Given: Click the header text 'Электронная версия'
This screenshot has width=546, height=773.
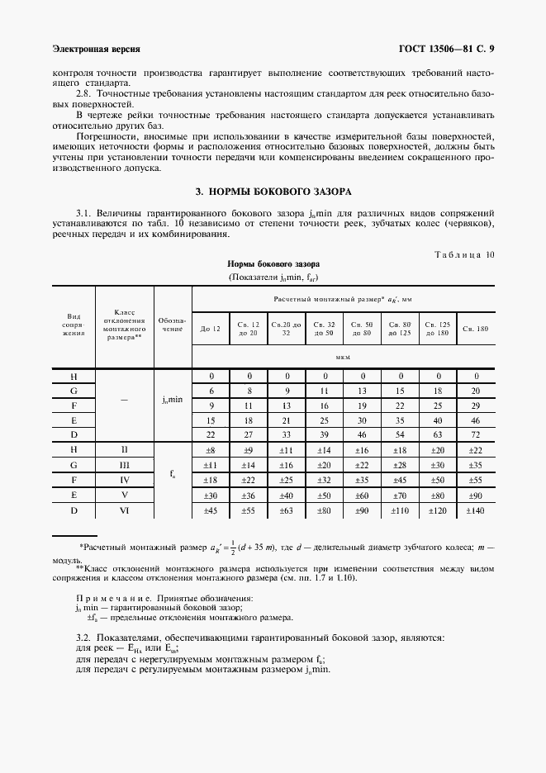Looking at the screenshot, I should click(96, 49).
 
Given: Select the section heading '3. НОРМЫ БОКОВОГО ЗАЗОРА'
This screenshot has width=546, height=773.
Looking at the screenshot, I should click(273, 192).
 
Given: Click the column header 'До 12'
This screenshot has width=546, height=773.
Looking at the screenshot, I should click(210, 330).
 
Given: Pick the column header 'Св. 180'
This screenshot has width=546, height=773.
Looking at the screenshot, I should click(476, 330).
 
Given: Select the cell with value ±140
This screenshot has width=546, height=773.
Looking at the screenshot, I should click(476, 511).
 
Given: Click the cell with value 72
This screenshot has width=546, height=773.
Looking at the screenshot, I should click(476, 434).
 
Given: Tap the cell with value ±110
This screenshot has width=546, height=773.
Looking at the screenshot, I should click(400, 511).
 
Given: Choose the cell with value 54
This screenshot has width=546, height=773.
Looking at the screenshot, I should click(400, 434).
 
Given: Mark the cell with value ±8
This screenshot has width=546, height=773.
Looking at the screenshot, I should click(210, 450).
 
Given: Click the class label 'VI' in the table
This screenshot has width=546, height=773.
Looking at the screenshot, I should click(125, 511).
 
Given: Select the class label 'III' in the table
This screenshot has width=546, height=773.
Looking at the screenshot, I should click(125, 466).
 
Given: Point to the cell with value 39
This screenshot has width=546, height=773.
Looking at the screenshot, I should click(325, 434).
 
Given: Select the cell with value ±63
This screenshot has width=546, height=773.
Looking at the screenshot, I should click(286, 511).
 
